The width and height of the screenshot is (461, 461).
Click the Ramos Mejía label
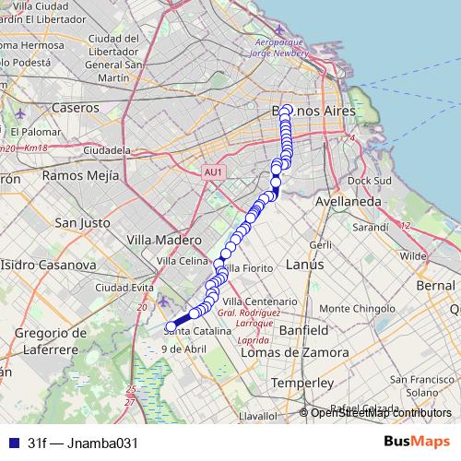click(x=77, y=174)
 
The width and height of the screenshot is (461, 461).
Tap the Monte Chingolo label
click(x=362, y=309)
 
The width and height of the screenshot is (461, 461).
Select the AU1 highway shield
click(x=213, y=171)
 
